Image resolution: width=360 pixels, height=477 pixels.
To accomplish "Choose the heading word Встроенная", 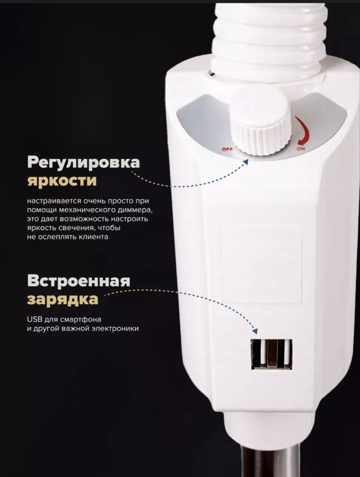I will coord(79,282).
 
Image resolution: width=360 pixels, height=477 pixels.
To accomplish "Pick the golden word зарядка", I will coord(63,300).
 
